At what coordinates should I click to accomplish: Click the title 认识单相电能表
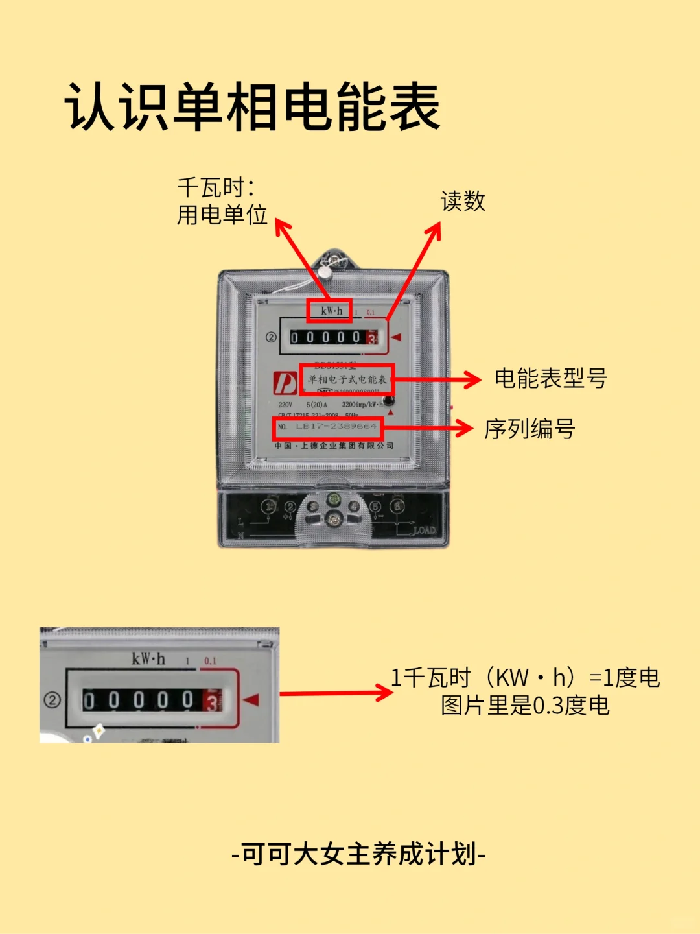253,107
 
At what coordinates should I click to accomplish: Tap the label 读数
463,201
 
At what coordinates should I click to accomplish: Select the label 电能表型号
550,378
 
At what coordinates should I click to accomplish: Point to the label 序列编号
530,429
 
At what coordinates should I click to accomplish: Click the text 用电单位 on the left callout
222,215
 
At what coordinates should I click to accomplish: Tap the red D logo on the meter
285,383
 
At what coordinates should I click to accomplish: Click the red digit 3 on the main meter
372,338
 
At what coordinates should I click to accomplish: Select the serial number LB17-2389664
336,427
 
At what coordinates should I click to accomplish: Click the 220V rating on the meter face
285,405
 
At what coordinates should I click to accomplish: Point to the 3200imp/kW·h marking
362,405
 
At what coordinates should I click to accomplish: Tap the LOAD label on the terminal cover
425,530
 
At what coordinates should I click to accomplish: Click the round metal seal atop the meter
325,272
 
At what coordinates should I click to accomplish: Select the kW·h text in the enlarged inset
148,659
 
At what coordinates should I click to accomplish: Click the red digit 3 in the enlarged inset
211,701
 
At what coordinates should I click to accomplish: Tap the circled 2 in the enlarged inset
52,700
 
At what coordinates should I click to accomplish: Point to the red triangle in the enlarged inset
251,700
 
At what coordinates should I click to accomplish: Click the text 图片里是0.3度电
525,706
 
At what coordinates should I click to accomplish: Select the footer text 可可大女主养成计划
358,854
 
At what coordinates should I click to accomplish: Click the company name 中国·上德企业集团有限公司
334,446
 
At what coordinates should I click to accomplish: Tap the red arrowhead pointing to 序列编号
463,429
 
